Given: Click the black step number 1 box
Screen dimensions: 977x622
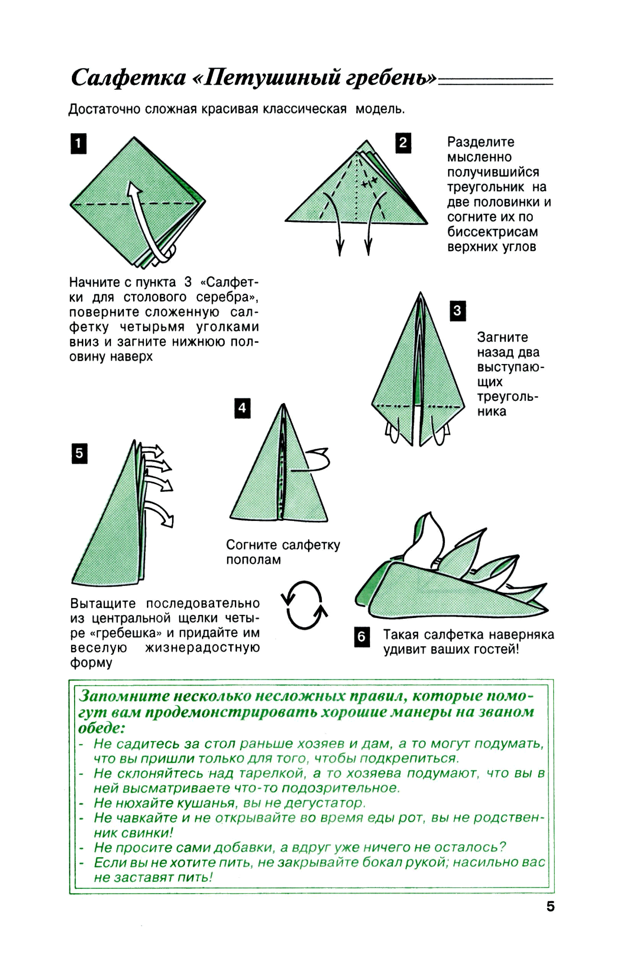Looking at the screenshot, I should pos(78,144).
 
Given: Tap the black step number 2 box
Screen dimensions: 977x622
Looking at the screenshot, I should pos(403,143).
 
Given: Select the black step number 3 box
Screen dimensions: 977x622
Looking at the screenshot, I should pos(457,311).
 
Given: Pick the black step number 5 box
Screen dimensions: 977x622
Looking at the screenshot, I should pos(79,453).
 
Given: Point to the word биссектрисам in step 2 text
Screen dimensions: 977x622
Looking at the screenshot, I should pos(492,232).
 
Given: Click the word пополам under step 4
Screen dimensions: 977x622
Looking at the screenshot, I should pos(253,560).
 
